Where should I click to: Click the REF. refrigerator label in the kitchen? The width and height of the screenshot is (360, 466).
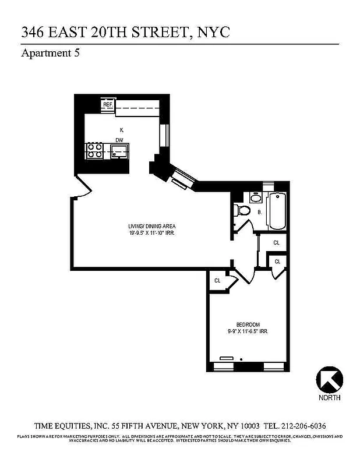(108, 105)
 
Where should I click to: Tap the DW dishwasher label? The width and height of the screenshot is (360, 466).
(119, 140)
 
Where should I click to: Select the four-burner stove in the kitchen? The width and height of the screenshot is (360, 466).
(94, 152)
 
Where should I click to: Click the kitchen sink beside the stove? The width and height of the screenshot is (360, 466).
(120, 152)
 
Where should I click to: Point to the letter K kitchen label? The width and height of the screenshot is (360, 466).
(121, 129)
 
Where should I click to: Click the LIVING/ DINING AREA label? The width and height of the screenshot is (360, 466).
(152, 226)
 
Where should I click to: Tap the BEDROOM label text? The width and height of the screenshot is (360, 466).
(248, 324)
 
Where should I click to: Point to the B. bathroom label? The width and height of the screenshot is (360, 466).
(260, 213)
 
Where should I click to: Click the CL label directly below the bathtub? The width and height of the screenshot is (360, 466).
(276, 242)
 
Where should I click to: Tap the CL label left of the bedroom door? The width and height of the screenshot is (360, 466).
(217, 281)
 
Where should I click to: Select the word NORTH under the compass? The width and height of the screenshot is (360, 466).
(329, 398)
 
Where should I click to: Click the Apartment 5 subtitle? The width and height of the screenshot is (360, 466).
(50, 54)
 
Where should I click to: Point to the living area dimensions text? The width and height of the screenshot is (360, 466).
(152, 233)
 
